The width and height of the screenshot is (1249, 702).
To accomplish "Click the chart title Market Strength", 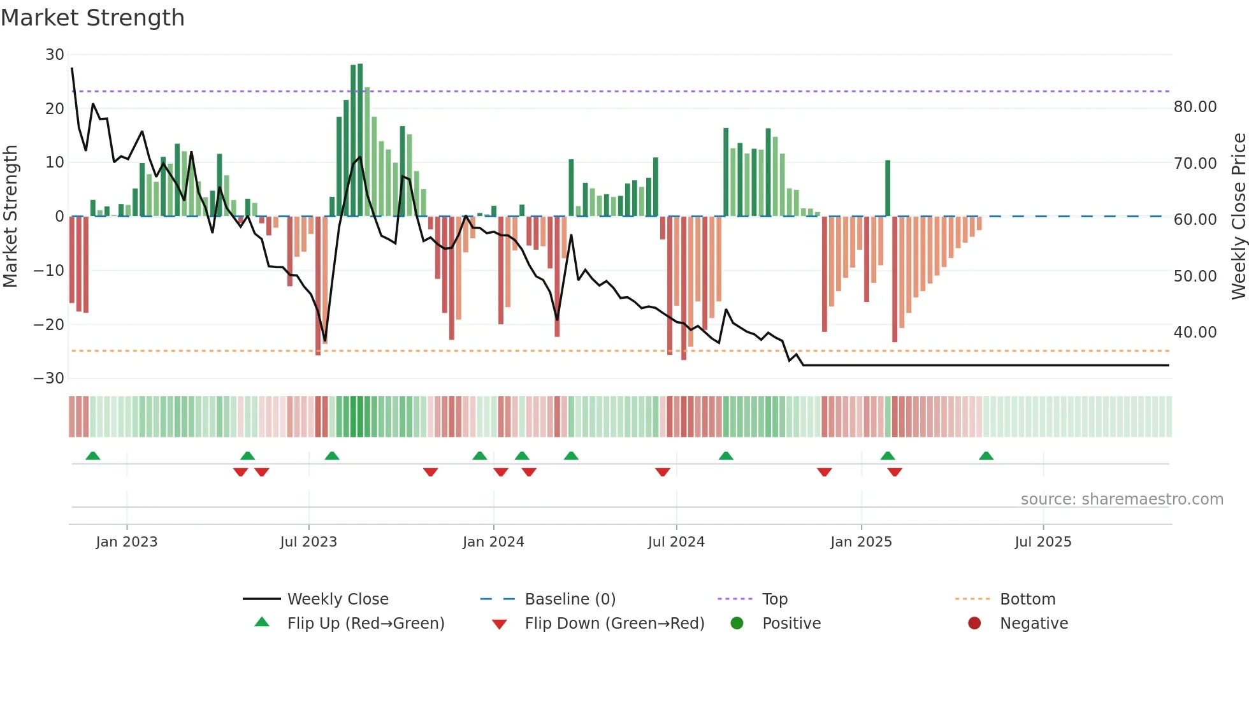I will pyautogui.click(x=92, y=18).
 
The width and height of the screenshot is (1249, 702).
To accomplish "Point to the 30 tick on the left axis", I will pyautogui.click(x=55, y=55).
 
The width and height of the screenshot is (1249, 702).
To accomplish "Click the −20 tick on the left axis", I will pyautogui.click(x=49, y=325).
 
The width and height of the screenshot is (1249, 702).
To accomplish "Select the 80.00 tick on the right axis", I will pyautogui.click(x=1195, y=107).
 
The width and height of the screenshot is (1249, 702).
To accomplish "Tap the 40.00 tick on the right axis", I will pyautogui.click(x=1195, y=333).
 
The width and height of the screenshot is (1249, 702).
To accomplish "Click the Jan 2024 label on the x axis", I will pyautogui.click(x=493, y=542).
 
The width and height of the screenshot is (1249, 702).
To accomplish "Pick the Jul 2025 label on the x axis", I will pyautogui.click(x=1043, y=542).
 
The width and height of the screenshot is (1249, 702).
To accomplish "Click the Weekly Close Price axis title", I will pyautogui.click(x=1238, y=217).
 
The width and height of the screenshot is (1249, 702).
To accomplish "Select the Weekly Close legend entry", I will pyautogui.click(x=337, y=599).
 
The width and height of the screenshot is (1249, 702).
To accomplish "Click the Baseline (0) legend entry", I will pyautogui.click(x=570, y=599).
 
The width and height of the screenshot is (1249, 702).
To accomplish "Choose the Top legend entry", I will pyautogui.click(x=774, y=599).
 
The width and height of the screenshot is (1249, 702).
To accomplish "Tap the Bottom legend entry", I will pyautogui.click(x=1027, y=599).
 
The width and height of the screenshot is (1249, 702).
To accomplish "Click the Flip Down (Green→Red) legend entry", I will pyautogui.click(x=614, y=624).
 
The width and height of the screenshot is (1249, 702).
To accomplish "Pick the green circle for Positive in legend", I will pyautogui.click(x=737, y=624).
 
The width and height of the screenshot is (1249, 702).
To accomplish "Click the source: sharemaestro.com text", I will pyautogui.click(x=1122, y=499).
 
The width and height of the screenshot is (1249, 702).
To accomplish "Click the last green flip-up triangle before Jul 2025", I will pyautogui.click(x=986, y=456).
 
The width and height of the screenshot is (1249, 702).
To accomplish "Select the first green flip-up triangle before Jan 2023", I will pyautogui.click(x=93, y=456).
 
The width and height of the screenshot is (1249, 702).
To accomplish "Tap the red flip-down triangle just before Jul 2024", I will pyautogui.click(x=663, y=472).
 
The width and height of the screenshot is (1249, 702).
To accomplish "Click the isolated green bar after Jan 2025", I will pyautogui.click(x=888, y=189).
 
